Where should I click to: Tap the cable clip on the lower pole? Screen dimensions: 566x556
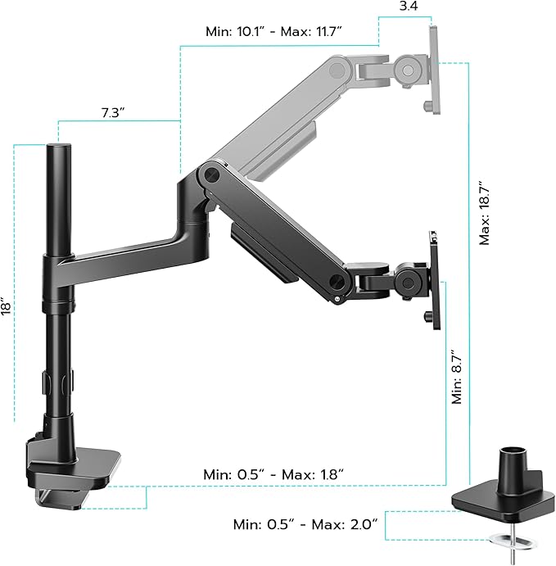click(x=58, y=382)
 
